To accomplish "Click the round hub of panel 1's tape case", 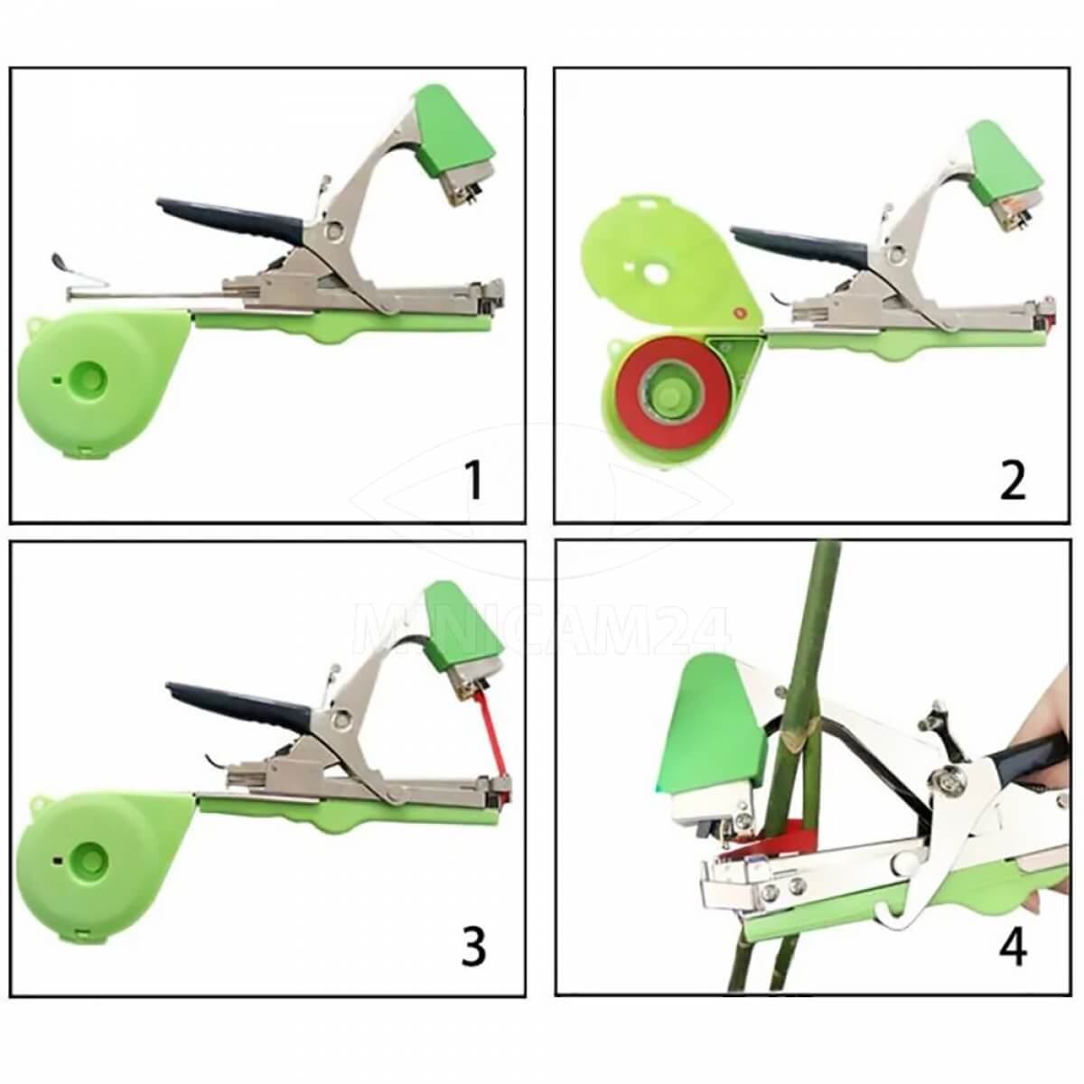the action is click(x=89, y=377).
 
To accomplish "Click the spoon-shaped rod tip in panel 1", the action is click(x=59, y=261).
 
